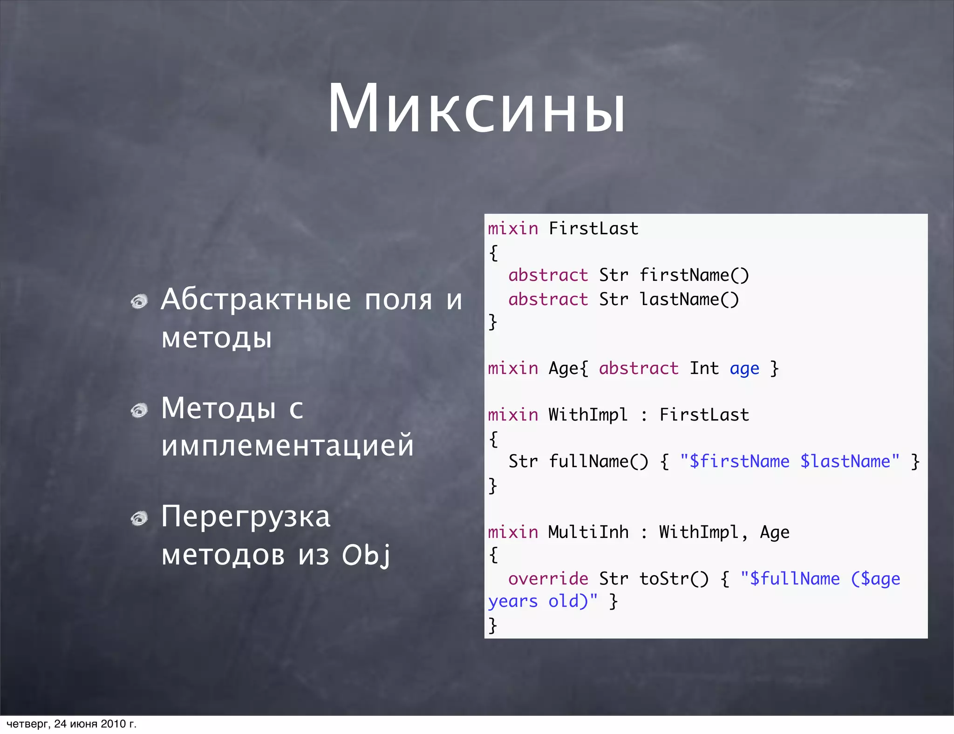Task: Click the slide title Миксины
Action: pyautogui.click(x=477, y=110)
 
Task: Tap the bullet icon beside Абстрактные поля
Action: pyautogui.click(x=139, y=301)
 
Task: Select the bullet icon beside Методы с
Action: pyautogui.click(x=139, y=410)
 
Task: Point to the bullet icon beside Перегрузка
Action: pyautogui.click(x=139, y=518)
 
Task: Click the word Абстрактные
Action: pyautogui.click(x=256, y=299)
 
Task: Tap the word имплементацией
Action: pyautogui.click(x=287, y=445)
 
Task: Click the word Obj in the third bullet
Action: pyautogui.click(x=366, y=555)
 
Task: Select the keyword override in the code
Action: pyautogui.click(x=548, y=579)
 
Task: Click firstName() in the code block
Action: pyautogui.click(x=694, y=275)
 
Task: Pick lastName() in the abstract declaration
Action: pyautogui.click(x=689, y=299)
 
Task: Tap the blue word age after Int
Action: pyautogui.click(x=744, y=369)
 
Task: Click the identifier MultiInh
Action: pyautogui.click(x=588, y=532)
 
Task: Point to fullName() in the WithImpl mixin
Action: pyautogui.click(x=599, y=462)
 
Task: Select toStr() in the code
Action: pyautogui.click(x=674, y=579)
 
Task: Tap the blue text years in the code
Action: pyautogui.click(x=513, y=602)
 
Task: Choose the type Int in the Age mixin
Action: pyautogui.click(x=704, y=368)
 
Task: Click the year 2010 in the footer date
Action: pyautogui.click(x=114, y=724)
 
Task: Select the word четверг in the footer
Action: pyautogui.click(x=27, y=724)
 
